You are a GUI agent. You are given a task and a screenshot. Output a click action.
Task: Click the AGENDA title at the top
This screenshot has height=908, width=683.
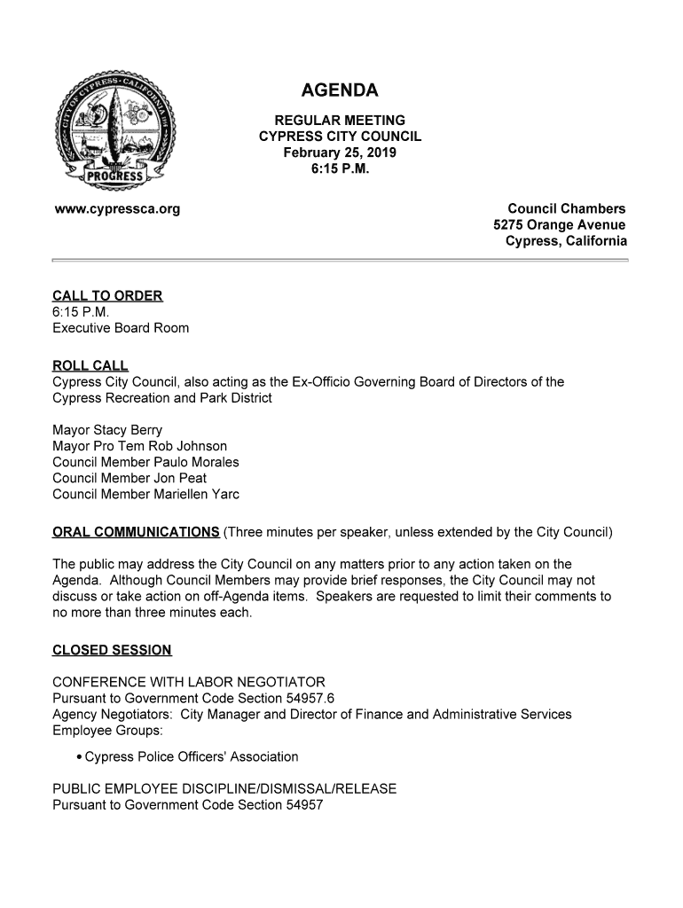tap(340, 90)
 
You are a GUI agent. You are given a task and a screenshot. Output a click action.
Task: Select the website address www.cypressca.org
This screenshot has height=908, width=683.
tap(116, 209)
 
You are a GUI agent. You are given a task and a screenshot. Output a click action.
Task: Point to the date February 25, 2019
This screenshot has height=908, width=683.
tap(340, 153)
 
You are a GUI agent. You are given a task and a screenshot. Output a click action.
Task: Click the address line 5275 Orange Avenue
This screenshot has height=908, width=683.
tap(559, 225)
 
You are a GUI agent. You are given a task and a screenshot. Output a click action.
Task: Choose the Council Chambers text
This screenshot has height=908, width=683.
tap(566, 209)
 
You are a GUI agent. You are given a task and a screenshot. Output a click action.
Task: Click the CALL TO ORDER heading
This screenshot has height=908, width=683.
tap(107, 296)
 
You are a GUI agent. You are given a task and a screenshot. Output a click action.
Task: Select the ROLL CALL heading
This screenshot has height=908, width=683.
tap(90, 366)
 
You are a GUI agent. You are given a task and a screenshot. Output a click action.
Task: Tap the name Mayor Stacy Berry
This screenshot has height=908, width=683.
tap(107, 430)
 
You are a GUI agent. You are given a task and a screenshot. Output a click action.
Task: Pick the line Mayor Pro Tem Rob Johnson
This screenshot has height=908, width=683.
tap(139, 446)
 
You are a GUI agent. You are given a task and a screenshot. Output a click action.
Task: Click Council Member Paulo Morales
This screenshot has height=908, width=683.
tap(145, 462)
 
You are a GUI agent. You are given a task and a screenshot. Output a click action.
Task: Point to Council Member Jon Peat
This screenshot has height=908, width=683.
tap(130, 478)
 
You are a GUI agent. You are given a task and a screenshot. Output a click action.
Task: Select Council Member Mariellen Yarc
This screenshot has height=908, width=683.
tap(145, 494)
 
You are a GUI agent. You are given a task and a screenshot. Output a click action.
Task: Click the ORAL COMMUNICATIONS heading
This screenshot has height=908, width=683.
tap(136, 532)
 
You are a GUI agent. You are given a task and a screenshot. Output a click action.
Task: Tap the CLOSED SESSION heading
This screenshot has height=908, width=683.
tap(112, 650)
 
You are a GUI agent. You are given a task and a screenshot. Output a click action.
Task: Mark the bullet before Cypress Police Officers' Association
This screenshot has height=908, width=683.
tap(80, 757)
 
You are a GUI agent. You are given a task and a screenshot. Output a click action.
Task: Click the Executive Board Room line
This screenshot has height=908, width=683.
tap(121, 328)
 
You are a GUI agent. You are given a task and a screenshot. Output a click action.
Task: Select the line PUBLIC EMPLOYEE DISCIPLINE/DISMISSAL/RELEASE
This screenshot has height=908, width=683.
tap(224, 789)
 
